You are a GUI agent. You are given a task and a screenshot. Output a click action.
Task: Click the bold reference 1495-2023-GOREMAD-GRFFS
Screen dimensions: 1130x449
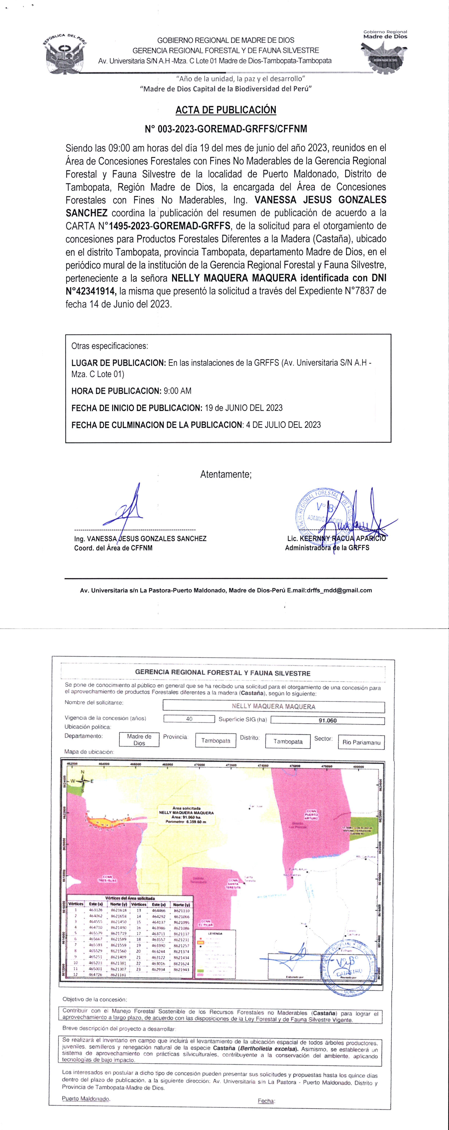pos(170,226)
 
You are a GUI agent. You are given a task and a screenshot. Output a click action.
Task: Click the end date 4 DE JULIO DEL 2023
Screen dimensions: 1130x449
pos(283,425)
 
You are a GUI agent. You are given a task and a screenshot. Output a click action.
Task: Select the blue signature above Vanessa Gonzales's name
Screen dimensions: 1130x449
pos(125,511)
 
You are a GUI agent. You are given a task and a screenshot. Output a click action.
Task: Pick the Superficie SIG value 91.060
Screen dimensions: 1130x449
pos(328,720)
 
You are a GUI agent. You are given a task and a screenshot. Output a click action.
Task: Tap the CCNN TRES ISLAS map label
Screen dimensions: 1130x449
pos(107,879)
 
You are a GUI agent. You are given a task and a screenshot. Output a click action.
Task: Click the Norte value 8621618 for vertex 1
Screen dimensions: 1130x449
pos(118,910)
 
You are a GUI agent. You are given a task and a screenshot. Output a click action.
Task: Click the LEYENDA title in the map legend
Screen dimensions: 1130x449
pos(215,933)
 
